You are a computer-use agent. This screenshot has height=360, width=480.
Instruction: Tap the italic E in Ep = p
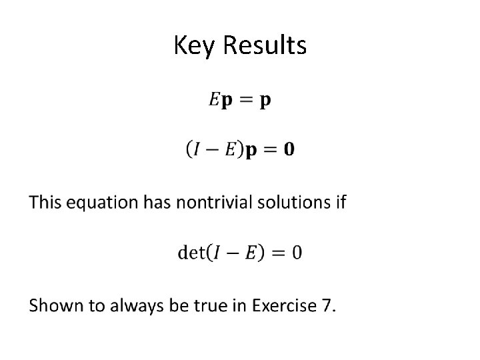pyautogui.click(x=214, y=100)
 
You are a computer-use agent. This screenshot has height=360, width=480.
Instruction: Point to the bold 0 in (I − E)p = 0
pyautogui.click(x=288, y=149)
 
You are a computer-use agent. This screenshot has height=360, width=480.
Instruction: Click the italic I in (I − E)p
pyautogui.click(x=197, y=149)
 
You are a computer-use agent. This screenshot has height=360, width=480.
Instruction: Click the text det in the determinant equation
pyautogui.click(x=191, y=253)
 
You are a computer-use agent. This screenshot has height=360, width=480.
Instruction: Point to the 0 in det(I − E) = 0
pyautogui.click(x=296, y=253)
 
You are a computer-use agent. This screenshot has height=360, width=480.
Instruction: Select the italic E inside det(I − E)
pyautogui.click(x=251, y=253)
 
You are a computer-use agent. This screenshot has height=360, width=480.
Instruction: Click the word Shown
pyautogui.click(x=53, y=306)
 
